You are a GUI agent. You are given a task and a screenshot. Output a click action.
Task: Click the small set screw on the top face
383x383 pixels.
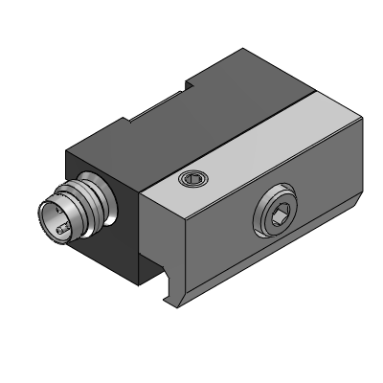pos(195,178)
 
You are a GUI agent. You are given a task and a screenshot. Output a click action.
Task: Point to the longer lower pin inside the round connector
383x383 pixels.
pos(60,229)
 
